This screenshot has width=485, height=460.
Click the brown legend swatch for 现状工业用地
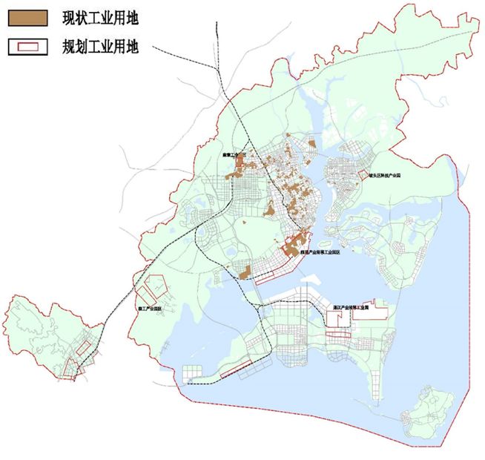[27, 16]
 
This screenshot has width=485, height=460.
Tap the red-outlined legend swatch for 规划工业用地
[27, 46]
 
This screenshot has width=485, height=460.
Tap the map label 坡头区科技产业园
[385, 177]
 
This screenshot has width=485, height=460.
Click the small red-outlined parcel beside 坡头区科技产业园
[361, 177]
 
